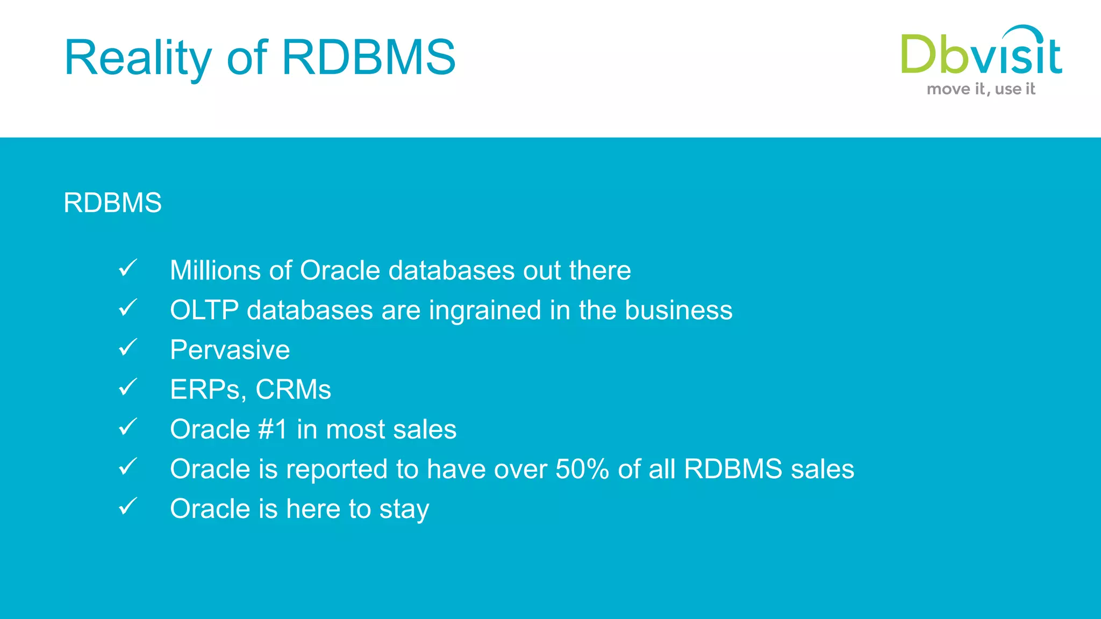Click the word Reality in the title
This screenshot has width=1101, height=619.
tap(138, 58)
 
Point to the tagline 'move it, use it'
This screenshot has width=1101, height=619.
tap(981, 89)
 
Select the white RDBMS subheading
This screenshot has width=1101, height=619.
tap(112, 203)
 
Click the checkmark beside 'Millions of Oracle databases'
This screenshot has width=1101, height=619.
tap(128, 268)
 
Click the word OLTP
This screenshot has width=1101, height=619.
tap(204, 310)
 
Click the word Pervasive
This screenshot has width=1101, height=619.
tap(230, 350)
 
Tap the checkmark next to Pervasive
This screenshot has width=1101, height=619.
tap(128, 347)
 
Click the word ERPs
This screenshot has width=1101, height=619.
tap(205, 390)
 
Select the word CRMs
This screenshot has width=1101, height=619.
tap(293, 390)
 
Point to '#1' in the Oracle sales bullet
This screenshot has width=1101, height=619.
tap(273, 429)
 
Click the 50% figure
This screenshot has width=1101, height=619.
tap(582, 469)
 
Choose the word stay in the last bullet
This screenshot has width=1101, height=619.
tap(404, 509)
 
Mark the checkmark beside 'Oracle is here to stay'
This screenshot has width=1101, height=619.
tap(128, 506)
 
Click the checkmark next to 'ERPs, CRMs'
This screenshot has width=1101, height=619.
tap(128, 387)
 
